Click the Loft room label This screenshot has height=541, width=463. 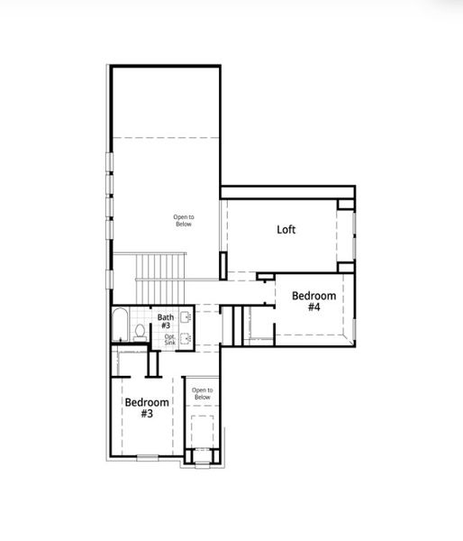286,230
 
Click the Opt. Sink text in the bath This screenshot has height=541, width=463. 169,340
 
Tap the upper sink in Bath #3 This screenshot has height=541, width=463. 185,317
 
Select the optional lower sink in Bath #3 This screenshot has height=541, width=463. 185,339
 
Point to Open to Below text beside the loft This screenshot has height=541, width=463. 184,221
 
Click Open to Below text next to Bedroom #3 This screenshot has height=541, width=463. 202,393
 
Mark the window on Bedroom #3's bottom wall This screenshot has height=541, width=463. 148,458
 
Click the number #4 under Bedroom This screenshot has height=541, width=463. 313,307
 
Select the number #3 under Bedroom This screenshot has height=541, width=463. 146,414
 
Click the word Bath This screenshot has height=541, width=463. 166,317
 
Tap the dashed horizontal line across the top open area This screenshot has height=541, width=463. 167,137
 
